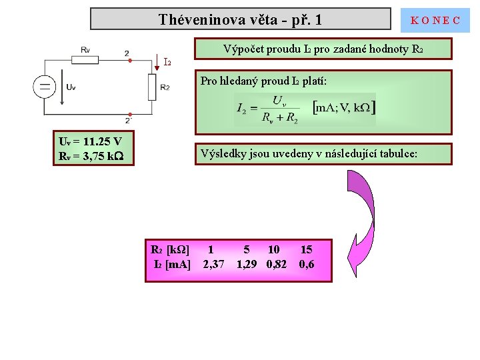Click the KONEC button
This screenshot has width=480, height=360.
(x=435, y=20)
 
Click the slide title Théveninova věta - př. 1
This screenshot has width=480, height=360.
(x=240, y=19)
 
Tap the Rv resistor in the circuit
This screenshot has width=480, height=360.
(x=85, y=59)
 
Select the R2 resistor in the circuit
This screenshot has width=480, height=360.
(x=152, y=87)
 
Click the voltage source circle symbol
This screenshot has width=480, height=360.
(x=45, y=87)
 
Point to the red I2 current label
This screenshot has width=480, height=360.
(x=167, y=63)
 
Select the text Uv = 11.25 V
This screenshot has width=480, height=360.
(x=90, y=141)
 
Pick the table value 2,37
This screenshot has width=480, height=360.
(x=213, y=265)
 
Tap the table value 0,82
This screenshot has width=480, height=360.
(x=276, y=265)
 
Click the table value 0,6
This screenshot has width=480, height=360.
(x=307, y=265)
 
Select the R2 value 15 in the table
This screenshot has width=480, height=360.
(x=306, y=250)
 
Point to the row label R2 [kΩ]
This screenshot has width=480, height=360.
(x=170, y=250)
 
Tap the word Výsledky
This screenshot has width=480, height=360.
(x=227, y=154)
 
